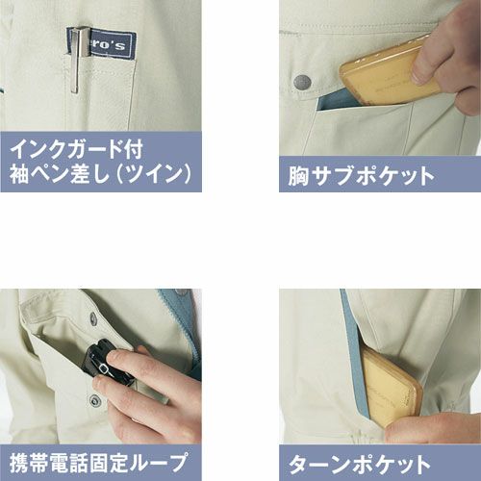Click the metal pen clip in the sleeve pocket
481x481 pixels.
77,61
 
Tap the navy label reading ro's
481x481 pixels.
103,44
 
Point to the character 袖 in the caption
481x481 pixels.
19,174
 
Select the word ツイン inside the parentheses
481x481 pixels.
154,174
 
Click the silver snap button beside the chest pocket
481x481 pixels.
303,83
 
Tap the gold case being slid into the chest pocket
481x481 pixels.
389,72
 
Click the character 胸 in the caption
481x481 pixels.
298,176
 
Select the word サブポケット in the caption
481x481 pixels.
373,176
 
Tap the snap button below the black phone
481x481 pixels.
94,400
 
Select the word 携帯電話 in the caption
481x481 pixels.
49,464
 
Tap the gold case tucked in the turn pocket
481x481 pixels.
390,387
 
